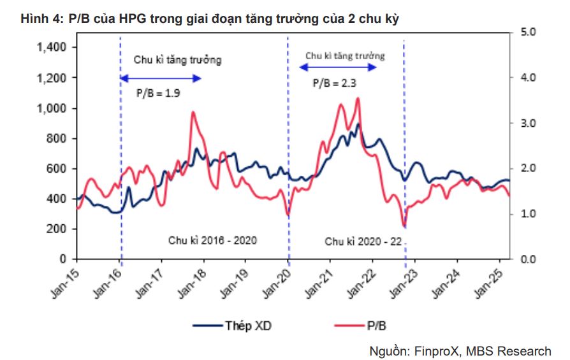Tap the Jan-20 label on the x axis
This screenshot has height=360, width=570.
coord(277,280)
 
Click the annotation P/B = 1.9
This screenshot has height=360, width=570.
coord(157,93)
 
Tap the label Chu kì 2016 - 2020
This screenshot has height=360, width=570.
coord(212,241)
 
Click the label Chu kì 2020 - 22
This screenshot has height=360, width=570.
coord(363,242)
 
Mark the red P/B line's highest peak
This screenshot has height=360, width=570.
coord(358,98)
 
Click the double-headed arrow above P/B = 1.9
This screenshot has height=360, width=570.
coord(161,78)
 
